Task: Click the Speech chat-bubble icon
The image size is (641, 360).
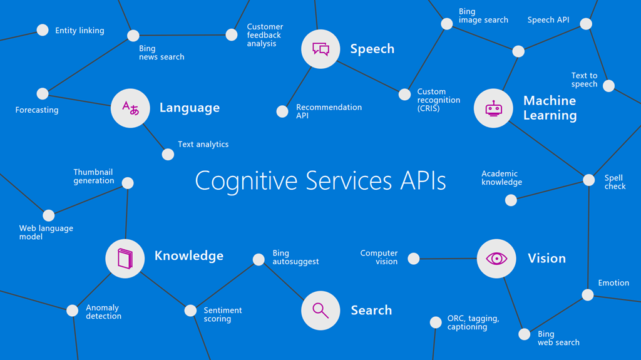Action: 320,49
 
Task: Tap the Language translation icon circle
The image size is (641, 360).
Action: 130,108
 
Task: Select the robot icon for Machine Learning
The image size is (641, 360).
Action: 493,108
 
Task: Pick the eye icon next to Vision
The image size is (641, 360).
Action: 496,258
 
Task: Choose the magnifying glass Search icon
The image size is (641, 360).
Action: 320,310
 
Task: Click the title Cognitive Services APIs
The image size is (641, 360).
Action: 320,181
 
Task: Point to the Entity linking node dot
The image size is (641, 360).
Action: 43,30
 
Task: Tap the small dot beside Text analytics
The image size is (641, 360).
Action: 168,154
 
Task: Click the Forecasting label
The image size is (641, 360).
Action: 37,110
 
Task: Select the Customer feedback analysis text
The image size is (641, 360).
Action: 265,35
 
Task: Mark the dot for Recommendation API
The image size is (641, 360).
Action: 282,111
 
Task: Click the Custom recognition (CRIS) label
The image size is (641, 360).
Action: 438,100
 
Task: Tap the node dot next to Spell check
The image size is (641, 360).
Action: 588,180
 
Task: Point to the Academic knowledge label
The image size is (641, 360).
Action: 501,178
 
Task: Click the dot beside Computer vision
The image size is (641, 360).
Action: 413,258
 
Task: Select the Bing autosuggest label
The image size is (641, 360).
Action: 295,257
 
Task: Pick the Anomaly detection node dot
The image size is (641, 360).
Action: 73,311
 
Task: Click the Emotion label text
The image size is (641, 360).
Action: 613,283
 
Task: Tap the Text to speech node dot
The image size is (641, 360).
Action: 608,86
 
